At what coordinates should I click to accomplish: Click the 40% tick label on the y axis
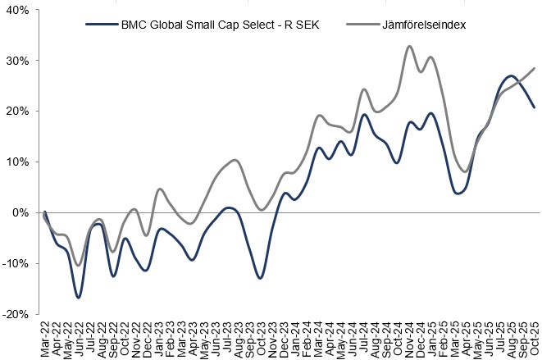(16, 11)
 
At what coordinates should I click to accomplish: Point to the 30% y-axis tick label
(16, 61)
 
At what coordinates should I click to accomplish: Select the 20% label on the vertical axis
(16, 112)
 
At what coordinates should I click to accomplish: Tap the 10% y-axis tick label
(16, 162)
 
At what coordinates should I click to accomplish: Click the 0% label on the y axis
(20, 212)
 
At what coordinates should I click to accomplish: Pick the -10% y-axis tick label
(15, 263)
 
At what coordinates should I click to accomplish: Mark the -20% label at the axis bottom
(15, 314)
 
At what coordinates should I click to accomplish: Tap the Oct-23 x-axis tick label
(260, 337)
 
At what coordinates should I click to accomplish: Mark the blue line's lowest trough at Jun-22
(79, 298)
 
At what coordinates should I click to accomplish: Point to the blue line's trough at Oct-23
(260, 278)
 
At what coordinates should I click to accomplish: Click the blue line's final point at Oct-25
(535, 107)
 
